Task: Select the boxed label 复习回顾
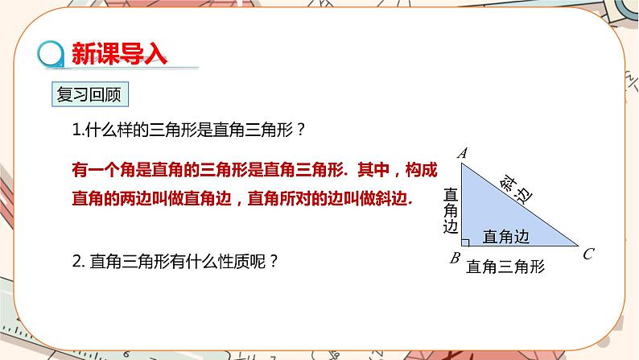89,94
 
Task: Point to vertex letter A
462,152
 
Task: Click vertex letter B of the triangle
455,259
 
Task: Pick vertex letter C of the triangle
588,254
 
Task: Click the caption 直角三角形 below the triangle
505,266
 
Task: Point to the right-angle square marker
465,241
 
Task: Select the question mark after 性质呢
274,261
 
